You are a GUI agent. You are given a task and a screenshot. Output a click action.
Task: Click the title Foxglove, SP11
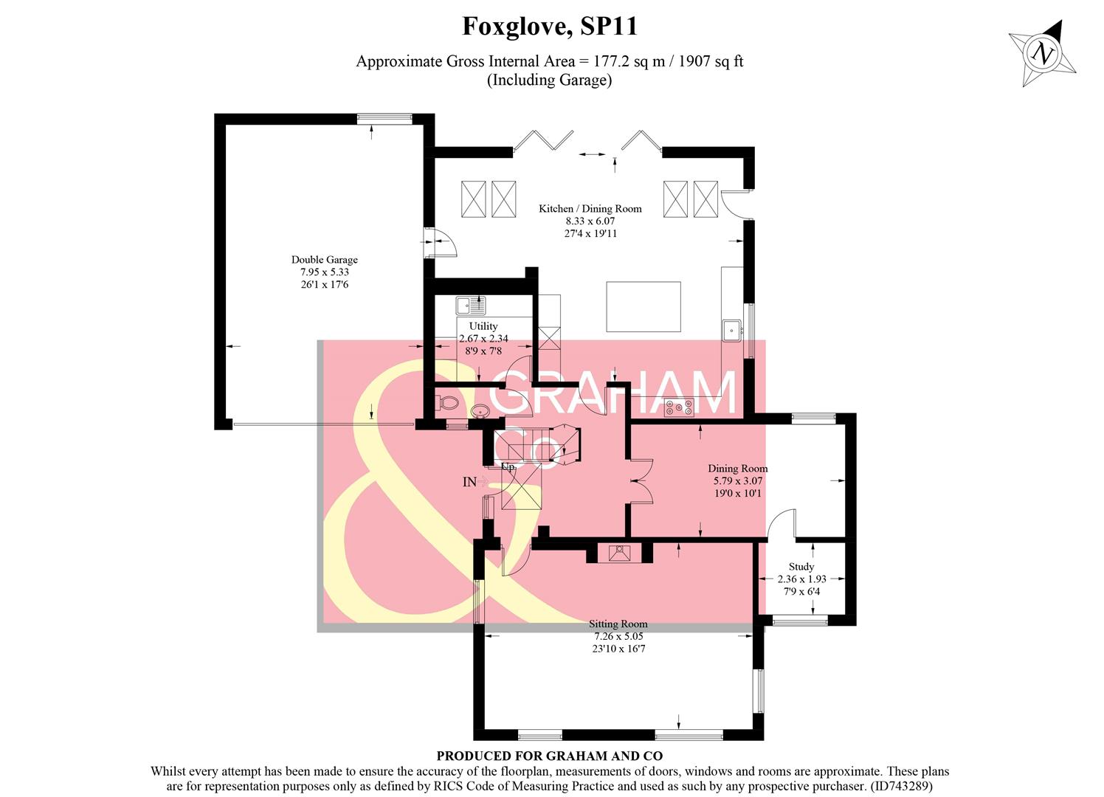tap(550, 27)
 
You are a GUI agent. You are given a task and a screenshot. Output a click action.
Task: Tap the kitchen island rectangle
tap(644, 306)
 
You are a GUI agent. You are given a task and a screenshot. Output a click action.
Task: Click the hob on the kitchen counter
tap(678, 407)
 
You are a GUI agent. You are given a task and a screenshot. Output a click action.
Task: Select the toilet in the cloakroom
tap(447, 403)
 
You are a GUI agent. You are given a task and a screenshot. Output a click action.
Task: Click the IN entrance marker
tap(469, 482)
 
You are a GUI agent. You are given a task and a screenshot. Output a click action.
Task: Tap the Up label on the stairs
tap(508, 467)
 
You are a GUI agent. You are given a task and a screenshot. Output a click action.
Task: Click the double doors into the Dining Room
tap(641, 481)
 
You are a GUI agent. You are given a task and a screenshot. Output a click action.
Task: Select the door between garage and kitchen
tap(439, 242)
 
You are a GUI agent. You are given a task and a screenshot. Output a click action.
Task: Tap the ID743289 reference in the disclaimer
tap(902, 787)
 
